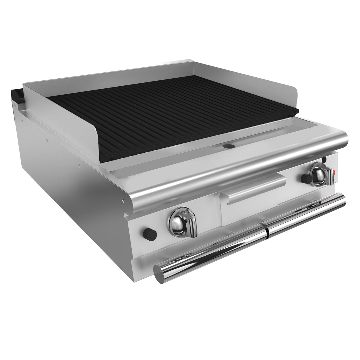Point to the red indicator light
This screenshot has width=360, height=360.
coord(334,172)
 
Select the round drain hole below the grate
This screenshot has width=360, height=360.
coord(228,146)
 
